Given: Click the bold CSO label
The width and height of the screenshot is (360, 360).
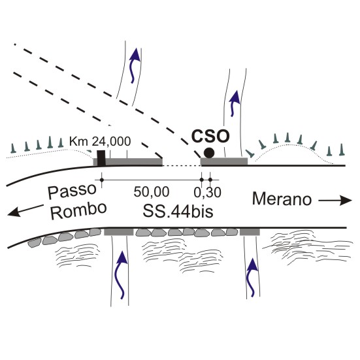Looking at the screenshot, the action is (210, 137).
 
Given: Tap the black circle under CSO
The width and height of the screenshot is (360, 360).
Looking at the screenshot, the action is (209, 153).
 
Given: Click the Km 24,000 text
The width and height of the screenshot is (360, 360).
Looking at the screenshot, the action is (100, 141).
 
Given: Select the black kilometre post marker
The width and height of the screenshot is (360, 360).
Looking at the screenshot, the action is (101, 158).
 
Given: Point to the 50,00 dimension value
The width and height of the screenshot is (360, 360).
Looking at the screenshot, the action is (152, 192).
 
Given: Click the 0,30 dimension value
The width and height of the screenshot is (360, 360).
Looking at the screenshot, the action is (207, 192).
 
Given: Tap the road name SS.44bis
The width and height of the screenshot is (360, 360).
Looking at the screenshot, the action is (178, 211).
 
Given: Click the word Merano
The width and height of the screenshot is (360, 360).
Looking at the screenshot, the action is (282, 199).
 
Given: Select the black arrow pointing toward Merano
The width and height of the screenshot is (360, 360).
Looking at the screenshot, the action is (335, 201).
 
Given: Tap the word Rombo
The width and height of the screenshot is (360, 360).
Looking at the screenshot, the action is (78, 210).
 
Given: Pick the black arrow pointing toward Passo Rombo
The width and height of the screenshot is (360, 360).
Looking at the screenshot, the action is (25, 210).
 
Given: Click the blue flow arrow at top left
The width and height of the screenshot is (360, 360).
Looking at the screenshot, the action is (134, 65).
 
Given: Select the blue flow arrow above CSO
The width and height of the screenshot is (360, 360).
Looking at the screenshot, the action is (234, 103).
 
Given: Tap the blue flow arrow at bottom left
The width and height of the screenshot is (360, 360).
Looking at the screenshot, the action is (122, 275).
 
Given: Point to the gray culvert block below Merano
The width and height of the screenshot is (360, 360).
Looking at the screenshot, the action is (250, 232).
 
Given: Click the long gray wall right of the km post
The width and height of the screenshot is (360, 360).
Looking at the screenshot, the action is (134, 162).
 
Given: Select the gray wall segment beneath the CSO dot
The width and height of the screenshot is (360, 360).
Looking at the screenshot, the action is (224, 161).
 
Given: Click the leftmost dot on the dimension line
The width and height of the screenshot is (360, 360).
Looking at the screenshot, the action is (102, 180).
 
